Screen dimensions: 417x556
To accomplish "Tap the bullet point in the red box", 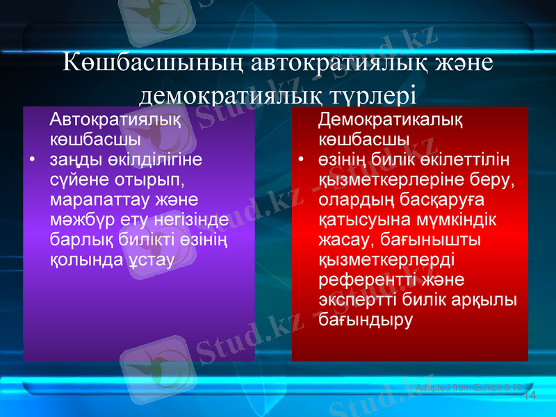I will pyautogui.click(x=301, y=161).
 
